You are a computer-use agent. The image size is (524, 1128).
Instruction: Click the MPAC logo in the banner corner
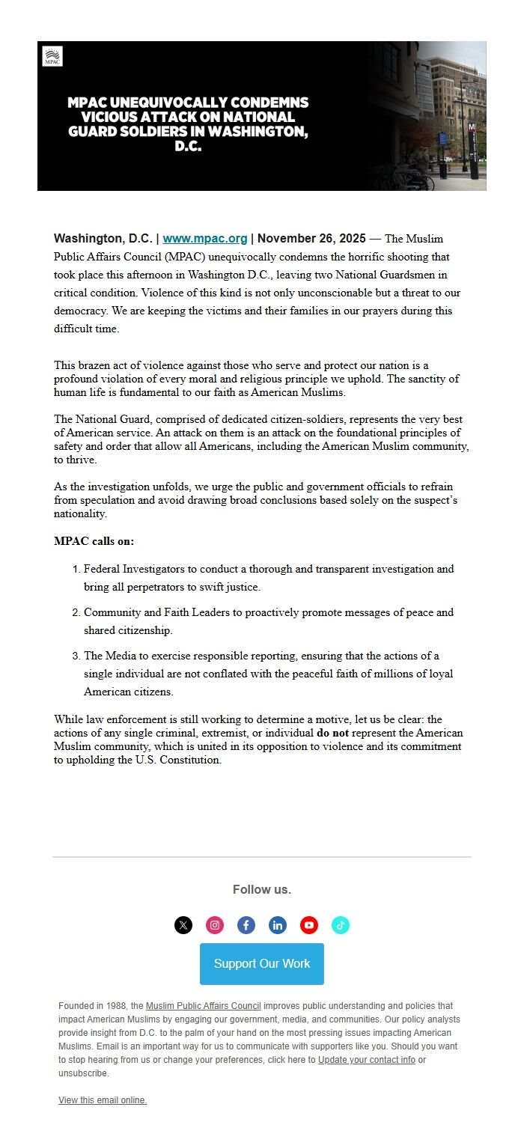pos(52,56)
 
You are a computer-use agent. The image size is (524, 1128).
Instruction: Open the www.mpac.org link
pos(205,239)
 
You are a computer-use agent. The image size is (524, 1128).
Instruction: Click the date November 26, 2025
pos(311,239)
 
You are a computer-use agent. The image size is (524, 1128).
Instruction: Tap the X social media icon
pos(183,925)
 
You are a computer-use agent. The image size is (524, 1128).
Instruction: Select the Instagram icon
pos(215,925)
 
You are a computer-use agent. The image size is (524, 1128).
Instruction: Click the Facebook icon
pos(246,925)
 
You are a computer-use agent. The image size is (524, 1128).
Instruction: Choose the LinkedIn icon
pos(278,925)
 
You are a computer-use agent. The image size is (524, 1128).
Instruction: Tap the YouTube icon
pos(309,925)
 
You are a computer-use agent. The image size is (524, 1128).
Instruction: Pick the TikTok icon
pos(341,925)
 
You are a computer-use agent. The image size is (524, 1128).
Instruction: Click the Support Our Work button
pos(262,963)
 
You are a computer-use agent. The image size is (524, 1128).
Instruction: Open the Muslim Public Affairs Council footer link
pos(204,1006)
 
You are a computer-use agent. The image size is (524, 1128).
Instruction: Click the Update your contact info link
pos(367,1060)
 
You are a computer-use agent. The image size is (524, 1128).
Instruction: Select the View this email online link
pos(103,1100)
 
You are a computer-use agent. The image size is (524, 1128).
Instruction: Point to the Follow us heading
pos(262,889)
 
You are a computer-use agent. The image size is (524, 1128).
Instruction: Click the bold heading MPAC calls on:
pos(94,541)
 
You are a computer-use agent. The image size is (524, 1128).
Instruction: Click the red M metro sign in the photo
pos(472,127)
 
